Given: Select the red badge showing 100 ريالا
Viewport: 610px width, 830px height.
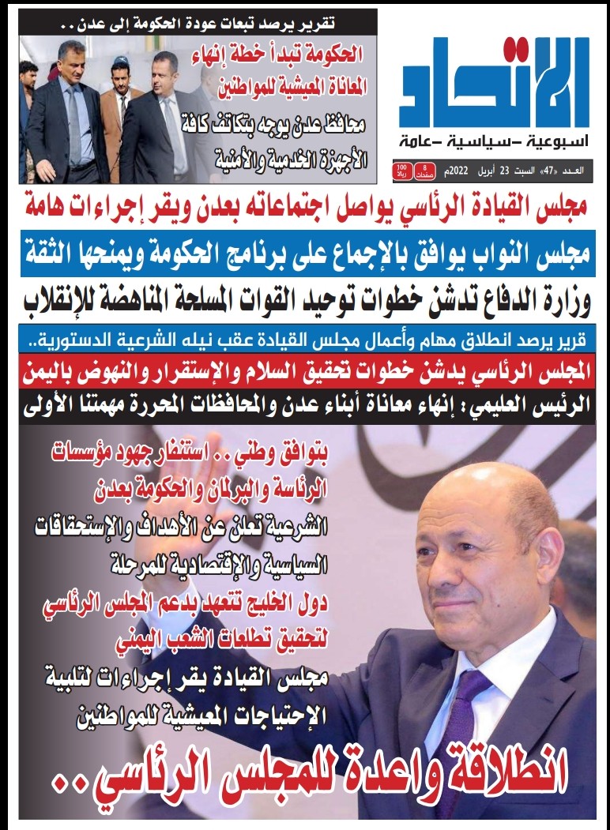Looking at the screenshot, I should (x=401, y=171).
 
